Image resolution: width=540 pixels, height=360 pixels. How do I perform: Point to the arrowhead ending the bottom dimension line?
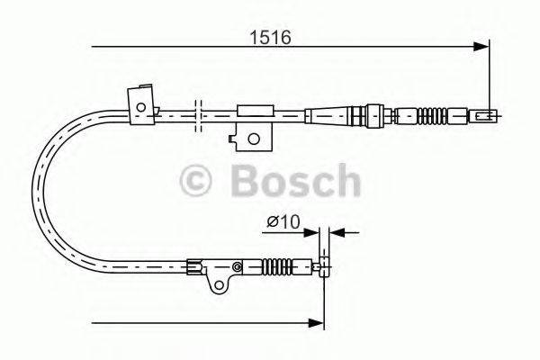pyautogui.click(x=319, y=320)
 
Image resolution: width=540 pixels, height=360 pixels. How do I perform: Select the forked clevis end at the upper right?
pyautogui.click(x=485, y=114)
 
